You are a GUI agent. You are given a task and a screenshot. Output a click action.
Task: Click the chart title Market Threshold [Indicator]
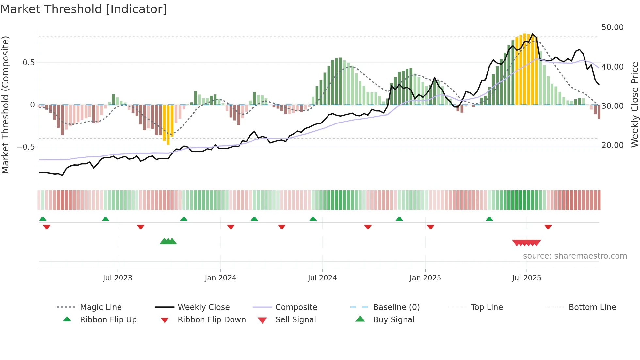point(84,9)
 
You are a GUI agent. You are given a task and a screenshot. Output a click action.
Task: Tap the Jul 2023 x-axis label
point(118,278)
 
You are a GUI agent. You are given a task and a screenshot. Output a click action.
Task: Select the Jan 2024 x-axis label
point(220,278)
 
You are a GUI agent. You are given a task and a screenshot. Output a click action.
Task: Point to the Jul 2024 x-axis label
point(322,278)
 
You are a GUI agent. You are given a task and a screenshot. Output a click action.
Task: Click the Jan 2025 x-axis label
point(425,278)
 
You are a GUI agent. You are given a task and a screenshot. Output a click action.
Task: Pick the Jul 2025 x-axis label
point(527,278)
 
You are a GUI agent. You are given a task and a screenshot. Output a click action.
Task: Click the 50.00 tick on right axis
point(612,27)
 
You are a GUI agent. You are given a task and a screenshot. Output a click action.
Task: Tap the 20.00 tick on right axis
point(612,145)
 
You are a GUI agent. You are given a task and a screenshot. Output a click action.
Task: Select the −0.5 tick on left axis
point(26,147)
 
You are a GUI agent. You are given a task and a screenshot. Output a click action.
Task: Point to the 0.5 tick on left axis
point(28,63)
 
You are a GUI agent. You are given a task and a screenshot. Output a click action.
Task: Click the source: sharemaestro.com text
point(575,256)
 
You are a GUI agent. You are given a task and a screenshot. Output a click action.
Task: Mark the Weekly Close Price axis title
point(634,105)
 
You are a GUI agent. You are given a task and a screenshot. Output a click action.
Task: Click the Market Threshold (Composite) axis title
point(6,105)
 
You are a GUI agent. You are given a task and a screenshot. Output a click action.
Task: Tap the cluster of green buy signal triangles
point(168,241)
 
